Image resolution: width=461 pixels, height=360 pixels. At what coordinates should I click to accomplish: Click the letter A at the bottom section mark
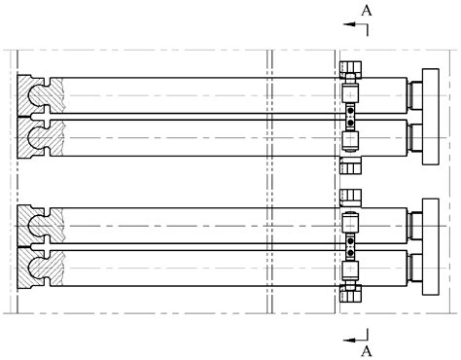point(367,348)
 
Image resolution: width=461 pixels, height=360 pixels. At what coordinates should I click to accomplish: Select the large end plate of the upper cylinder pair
point(430,113)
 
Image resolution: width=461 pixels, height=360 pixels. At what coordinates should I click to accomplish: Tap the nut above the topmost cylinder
point(351,69)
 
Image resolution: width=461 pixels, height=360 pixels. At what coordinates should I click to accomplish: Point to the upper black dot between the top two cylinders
point(351,111)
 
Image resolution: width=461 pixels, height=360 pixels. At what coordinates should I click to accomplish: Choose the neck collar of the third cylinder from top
point(415,227)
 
